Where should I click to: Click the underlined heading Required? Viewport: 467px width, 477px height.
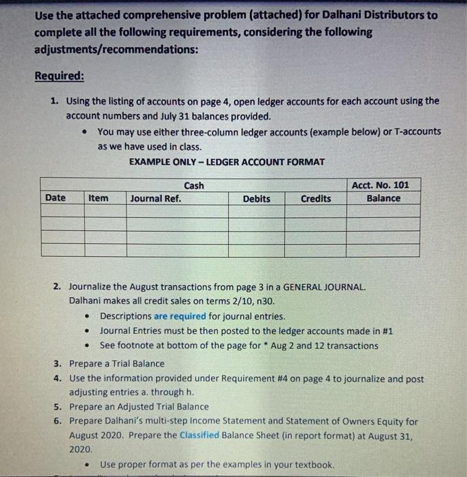click(x=60, y=76)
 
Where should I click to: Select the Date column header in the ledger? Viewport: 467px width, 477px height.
click(x=55, y=198)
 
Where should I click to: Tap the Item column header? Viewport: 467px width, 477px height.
click(x=98, y=198)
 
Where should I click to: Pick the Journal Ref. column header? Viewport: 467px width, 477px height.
click(x=155, y=198)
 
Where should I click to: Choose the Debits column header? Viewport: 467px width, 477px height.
click(x=256, y=198)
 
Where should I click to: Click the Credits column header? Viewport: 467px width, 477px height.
click(x=315, y=198)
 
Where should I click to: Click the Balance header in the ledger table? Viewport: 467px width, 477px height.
click(x=383, y=198)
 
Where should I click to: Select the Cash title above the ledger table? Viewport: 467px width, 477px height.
click(x=193, y=185)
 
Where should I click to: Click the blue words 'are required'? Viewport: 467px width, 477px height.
click(x=180, y=316)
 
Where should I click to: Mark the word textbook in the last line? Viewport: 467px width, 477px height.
click(x=313, y=465)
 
